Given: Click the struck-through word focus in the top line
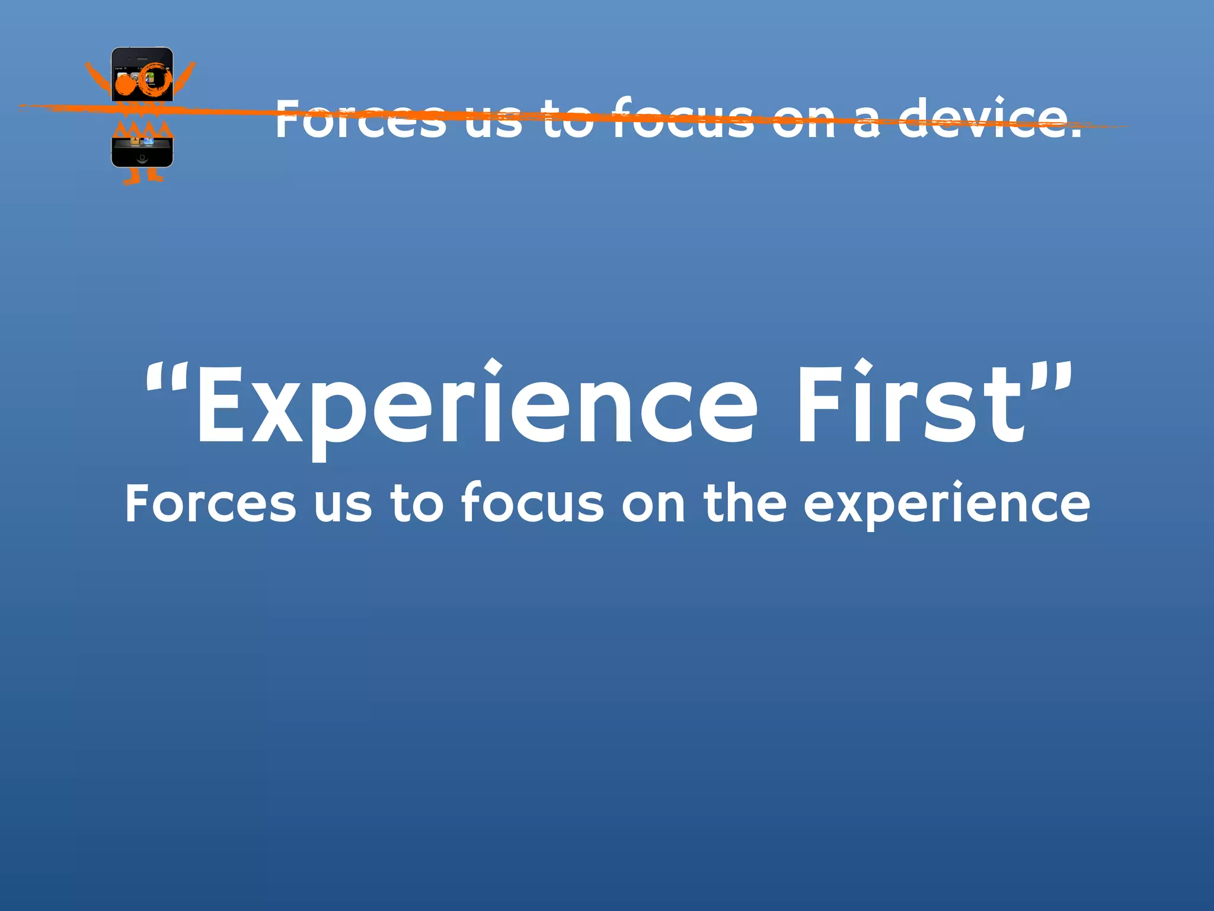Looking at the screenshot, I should point(682,119).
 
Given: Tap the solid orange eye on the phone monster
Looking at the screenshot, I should point(125,85).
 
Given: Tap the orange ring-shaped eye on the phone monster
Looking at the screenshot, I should point(155,80).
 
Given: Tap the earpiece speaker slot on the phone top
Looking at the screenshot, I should point(142,59).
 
